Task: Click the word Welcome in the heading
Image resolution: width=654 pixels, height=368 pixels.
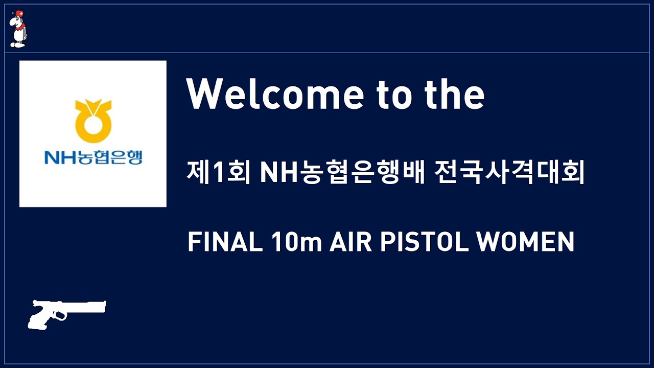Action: point(275,95)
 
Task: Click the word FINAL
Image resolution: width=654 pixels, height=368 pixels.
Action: point(225,242)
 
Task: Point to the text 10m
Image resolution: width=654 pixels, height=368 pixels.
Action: point(296,242)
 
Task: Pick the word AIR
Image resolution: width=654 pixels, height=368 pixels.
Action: point(351,242)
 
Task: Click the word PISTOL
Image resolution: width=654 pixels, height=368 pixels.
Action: point(424,242)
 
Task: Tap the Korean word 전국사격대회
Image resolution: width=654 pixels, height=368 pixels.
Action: point(509,172)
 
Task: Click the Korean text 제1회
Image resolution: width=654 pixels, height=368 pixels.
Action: point(218,172)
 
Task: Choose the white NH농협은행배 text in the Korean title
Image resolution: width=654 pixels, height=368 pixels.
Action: point(342,172)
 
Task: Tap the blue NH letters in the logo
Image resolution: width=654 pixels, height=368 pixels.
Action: point(60,158)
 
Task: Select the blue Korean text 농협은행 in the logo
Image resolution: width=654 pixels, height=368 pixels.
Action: point(109,157)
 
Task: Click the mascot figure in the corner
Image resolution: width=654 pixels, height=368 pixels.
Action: point(18,29)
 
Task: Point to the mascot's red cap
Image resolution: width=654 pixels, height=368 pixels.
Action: point(19,13)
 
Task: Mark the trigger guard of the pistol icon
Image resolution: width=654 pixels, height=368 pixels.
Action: point(60,316)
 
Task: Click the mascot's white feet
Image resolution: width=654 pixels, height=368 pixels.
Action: point(17,44)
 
